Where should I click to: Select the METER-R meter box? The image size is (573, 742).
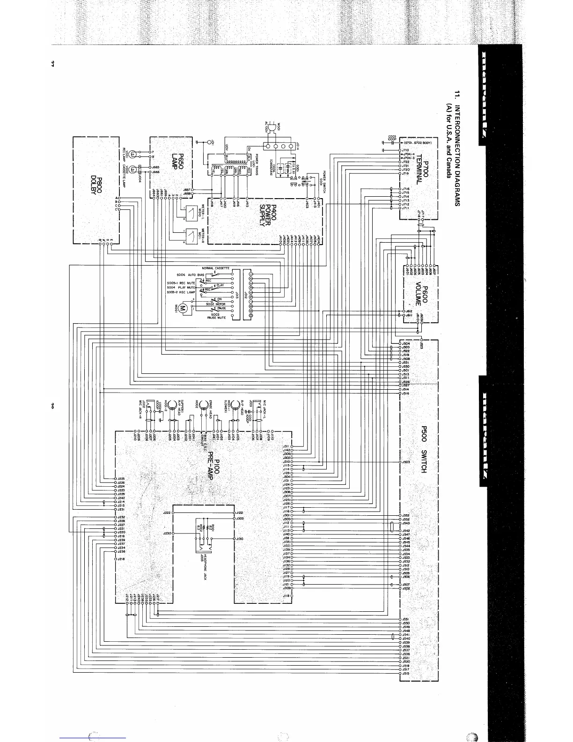pos(192,236)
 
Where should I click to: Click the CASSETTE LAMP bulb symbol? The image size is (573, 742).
pos(133,170)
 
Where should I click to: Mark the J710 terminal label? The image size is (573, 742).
pos(405,150)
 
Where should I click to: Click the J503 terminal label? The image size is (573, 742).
pos(405,462)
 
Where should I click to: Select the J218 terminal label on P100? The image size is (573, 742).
pos(121,559)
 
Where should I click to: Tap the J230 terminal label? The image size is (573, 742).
pos(166,534)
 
